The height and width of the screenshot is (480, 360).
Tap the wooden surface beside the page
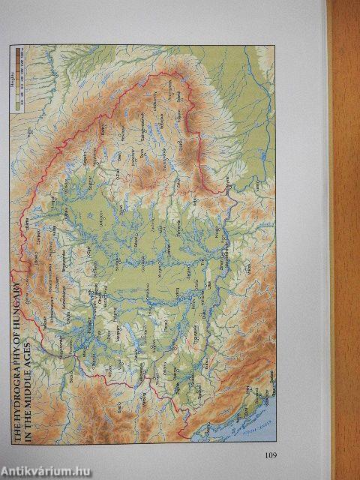pyautogui.click(x=345, y=225)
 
